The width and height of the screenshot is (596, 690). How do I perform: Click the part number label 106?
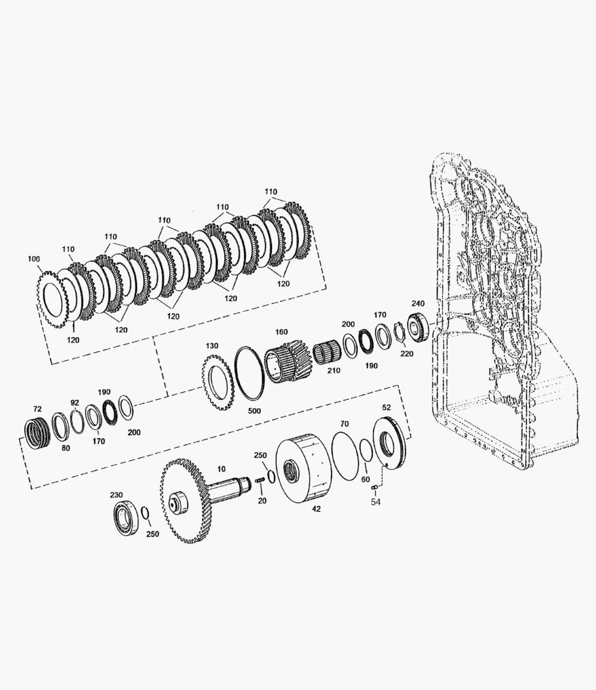pyautogui.click(x=34, y=259)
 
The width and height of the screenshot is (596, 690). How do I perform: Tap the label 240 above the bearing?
pyautogui.click(x=418, y=303)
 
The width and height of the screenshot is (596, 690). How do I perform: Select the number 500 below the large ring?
pyautogui.click(x=254, y=411)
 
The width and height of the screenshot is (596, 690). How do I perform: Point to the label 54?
pyautogui.click(x=375, y=502)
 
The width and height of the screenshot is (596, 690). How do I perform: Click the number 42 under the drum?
pyautogui.click(x=316, y=509)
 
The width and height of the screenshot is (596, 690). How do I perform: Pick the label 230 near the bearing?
pyautogui.click(x=116, y=495)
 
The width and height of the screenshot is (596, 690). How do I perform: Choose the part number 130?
pyautogui.click(x=211, y=346)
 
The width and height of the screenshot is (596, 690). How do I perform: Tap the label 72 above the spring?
pyautogui.click(x=38, y=409)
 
